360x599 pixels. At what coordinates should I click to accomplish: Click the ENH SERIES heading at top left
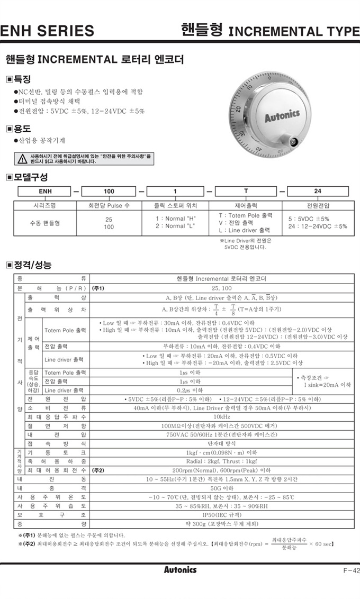point(47,31)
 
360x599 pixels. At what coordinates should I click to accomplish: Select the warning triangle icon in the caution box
point(22,159)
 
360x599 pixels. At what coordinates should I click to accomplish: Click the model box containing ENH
point(44,191)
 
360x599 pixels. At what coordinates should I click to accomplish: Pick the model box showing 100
point(109,191)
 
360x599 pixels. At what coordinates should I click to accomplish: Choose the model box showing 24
point(318,191)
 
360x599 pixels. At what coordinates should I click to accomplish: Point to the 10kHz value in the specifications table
point(221,417)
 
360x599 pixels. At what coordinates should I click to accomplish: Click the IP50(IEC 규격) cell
point(221,514)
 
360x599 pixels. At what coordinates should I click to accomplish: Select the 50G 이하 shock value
point(221,488)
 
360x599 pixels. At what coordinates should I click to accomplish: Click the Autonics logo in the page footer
point(180,569)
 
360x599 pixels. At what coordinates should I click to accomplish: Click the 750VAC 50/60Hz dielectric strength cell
point(221,434)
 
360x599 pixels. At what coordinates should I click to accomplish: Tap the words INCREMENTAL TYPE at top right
point(293,31)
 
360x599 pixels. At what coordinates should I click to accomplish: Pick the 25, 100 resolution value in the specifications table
point(221,288)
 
